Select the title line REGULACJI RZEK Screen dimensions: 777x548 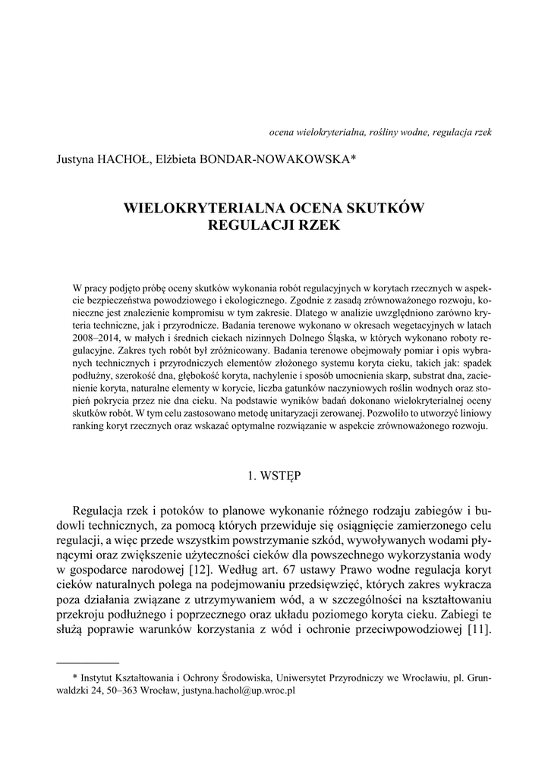coord(273,225)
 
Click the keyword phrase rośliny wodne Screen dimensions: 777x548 coord(399,131)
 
